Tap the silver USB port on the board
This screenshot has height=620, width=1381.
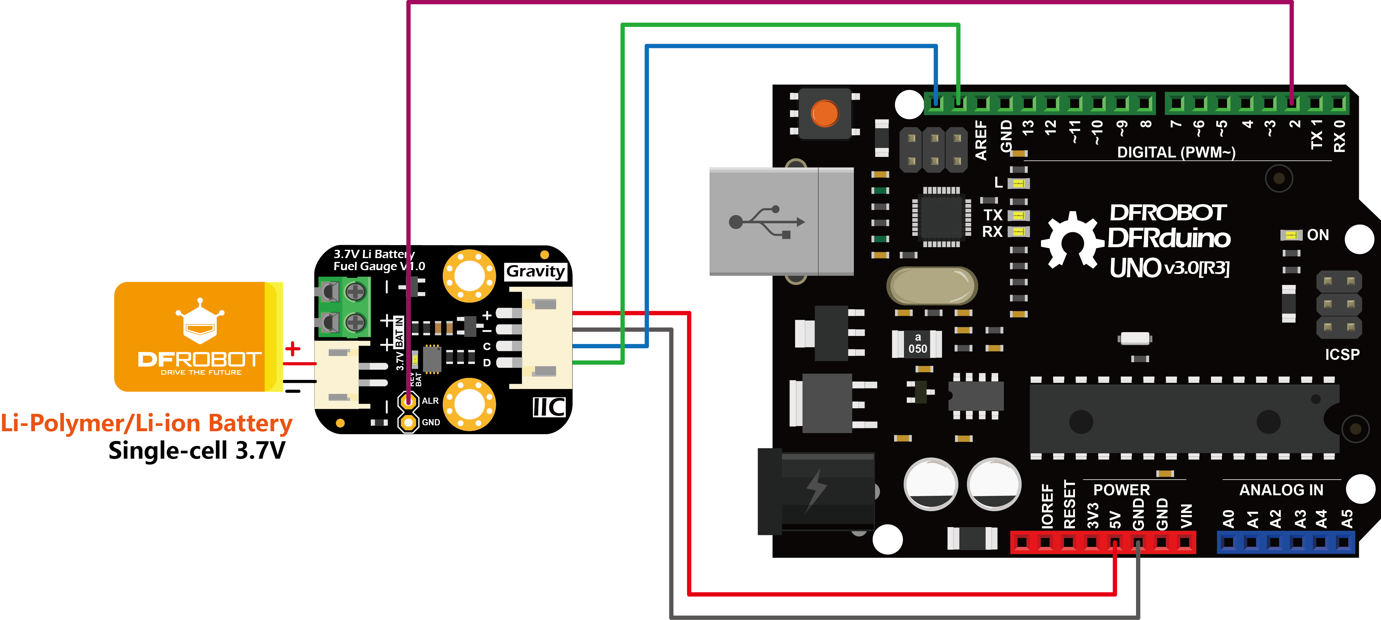click(781, 221)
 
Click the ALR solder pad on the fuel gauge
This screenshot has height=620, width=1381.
click(408, 401)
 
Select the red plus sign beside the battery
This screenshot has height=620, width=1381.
click(293, 349)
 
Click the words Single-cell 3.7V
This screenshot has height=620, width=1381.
click(197, 450)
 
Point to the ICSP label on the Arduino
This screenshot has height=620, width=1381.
click(1342, 354)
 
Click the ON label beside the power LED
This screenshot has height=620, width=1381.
click(1318, 235)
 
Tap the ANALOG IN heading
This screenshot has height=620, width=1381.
click(1281, 490)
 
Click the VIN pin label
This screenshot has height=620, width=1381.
click(1186, 516)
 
